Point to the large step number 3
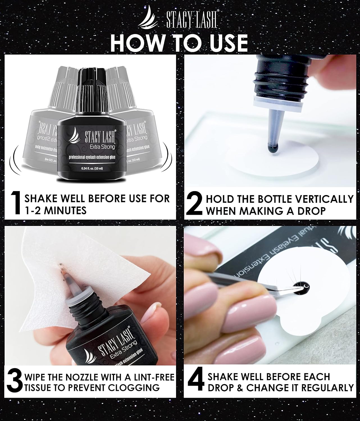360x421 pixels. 14,382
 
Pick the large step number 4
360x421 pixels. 195,382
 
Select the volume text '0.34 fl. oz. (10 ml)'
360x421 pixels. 91,169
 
